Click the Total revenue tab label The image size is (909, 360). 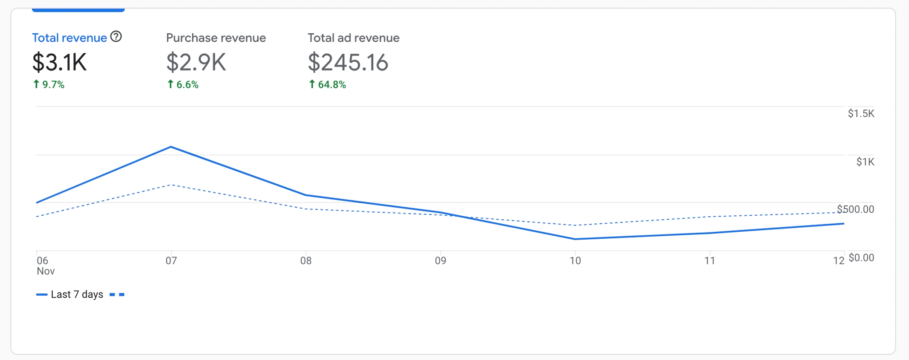coord(69,38)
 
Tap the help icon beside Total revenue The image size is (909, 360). coord(116,37)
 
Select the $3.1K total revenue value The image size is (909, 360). coord(59,62)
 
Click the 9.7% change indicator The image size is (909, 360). coord(49,84)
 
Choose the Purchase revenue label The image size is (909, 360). coord(216,38)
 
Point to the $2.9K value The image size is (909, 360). coord(196,62)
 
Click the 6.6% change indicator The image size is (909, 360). coord(183,84)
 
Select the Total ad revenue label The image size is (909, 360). coord(353,38)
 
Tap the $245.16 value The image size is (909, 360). coord(348,62)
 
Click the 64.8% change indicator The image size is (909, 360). coord(328,84)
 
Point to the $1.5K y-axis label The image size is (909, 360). coord(861,114)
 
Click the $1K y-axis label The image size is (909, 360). coord(865,162)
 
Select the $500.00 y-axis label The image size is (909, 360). coord(855,209)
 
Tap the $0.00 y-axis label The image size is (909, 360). coord(861,257)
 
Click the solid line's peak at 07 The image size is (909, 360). coord(171,147)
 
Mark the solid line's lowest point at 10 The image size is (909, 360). coord(575,239)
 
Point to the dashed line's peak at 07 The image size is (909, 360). coord(171,185)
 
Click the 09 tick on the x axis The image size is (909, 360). coord(440,260)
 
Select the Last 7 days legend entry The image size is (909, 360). coord(77,294)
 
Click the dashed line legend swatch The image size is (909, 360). coord(117,294)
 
